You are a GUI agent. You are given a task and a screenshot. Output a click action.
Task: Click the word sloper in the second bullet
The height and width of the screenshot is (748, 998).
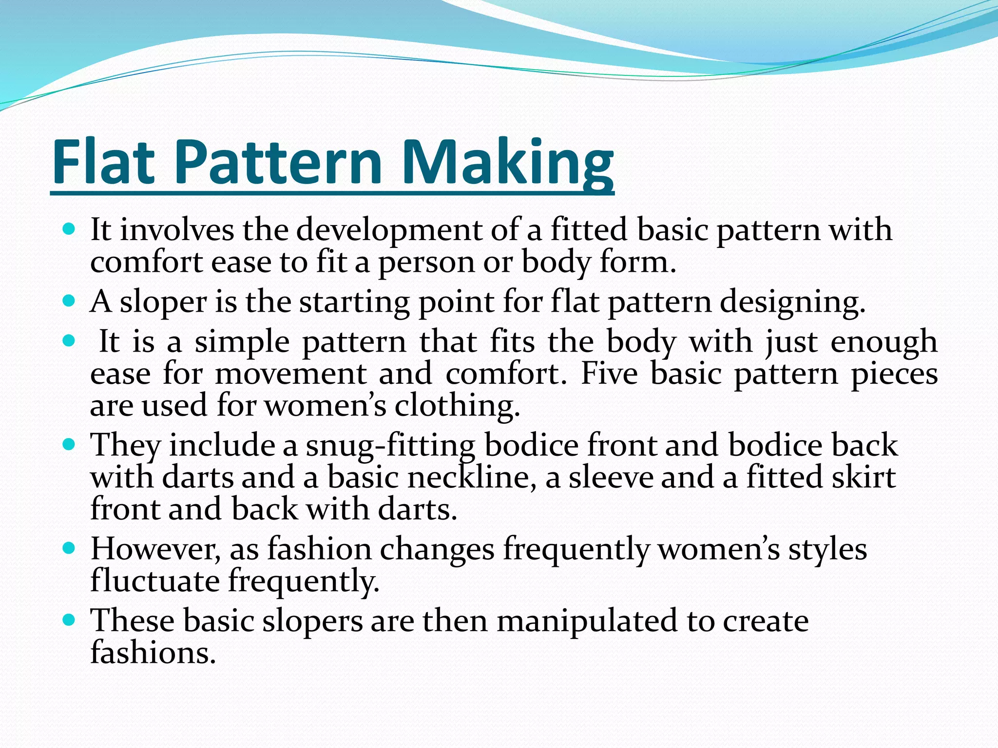[163, 302]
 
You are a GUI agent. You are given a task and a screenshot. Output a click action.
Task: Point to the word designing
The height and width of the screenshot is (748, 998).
[792, 302]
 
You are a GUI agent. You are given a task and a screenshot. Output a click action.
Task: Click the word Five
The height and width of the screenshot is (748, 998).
[609, 374]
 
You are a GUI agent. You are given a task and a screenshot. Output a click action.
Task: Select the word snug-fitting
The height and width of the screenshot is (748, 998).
[390, 446]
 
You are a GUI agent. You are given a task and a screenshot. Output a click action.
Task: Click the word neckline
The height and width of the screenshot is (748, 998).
[472, 477]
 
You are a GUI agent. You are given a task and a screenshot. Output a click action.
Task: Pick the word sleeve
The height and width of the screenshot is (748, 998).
[611, 477]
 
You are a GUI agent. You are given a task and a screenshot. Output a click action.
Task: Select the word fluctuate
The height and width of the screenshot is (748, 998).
[155, 581]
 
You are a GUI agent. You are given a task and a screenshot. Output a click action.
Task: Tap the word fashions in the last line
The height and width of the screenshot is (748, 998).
[153, 653]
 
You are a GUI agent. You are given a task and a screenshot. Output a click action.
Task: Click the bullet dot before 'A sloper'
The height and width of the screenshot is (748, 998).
[69, 300]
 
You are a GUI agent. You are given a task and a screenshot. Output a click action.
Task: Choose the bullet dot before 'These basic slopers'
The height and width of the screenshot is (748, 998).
[69, 620]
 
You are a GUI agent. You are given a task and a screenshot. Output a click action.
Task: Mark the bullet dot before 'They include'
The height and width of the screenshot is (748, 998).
[69, 444]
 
